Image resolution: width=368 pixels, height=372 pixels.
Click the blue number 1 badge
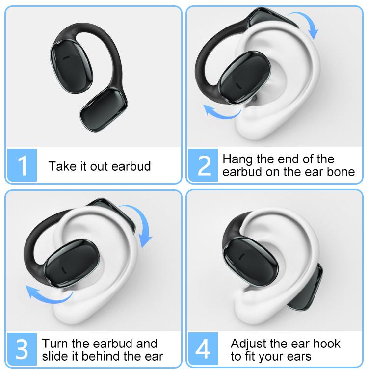(x=23, y=165)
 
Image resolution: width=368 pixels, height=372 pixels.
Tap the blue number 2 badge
(x=205, y=165)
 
